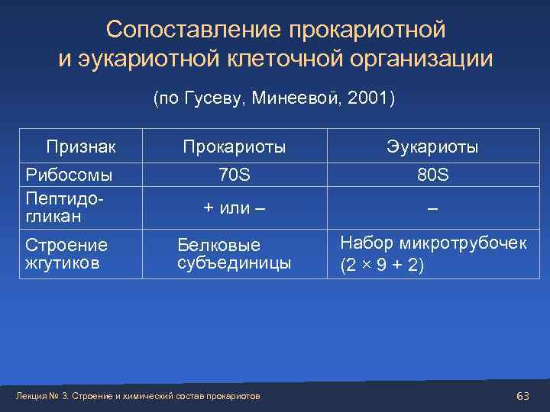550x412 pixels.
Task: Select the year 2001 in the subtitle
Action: [x=369, y=98]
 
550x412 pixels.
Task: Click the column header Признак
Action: [x=81, y=146]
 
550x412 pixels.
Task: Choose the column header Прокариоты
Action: [x=234, y=146]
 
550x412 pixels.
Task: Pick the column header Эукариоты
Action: [x=432, y=146]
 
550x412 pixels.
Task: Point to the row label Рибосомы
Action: [x=69, y=175]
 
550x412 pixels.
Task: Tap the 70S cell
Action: [x=234, y=175]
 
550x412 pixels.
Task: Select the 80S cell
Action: [x=432, y=175]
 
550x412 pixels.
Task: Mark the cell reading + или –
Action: [x=234, y=208]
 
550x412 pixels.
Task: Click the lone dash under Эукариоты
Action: [x=432, y=208]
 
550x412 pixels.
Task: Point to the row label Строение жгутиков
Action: [x=66, y=254]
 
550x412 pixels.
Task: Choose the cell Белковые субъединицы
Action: [x=234, y=254]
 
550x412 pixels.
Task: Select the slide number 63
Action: [x=523, y=395]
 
